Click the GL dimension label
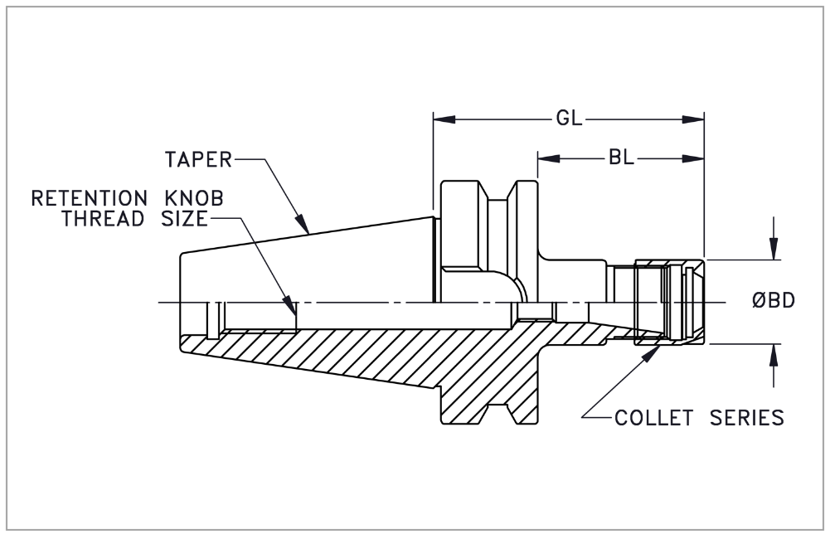click(x=568, y=119)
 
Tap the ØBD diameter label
click(x=774, y=301)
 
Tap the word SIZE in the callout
click(x=179, y=219)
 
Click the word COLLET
click(x=653, y=417)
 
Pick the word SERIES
click(x=746, y=417)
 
